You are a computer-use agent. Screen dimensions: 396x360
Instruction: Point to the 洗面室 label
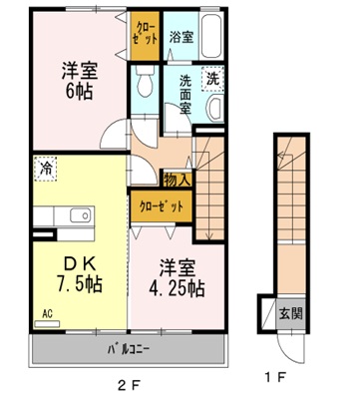point(183,95)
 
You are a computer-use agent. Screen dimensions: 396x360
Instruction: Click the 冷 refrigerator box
point(46,170)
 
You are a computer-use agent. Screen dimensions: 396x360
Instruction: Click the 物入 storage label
point(178,180)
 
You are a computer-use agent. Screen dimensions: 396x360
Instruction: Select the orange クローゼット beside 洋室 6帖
point(144,36)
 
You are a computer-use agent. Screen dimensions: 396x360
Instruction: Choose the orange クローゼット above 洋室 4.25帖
point(161,208)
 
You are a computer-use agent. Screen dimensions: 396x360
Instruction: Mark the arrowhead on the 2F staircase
point(208,236)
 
